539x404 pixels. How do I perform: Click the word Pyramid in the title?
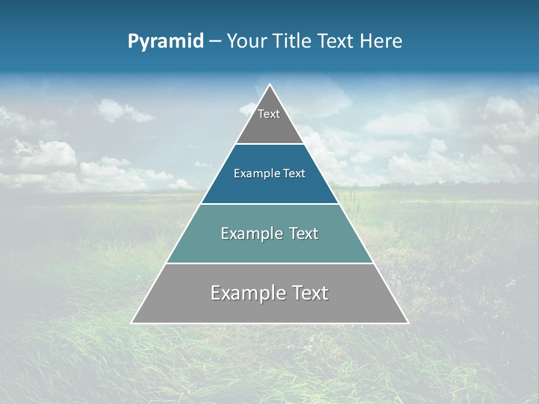(x=166, y=42)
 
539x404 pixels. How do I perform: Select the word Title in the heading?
(x=293, y=42)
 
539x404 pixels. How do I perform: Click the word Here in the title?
(x=381, y=42)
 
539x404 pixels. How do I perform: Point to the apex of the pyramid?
(x=269, y=85)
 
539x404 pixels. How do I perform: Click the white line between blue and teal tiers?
(x=269, y=204)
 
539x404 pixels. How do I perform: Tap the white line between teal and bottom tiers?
(x=269, y=263)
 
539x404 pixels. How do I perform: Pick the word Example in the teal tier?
(x=250, y=233)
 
